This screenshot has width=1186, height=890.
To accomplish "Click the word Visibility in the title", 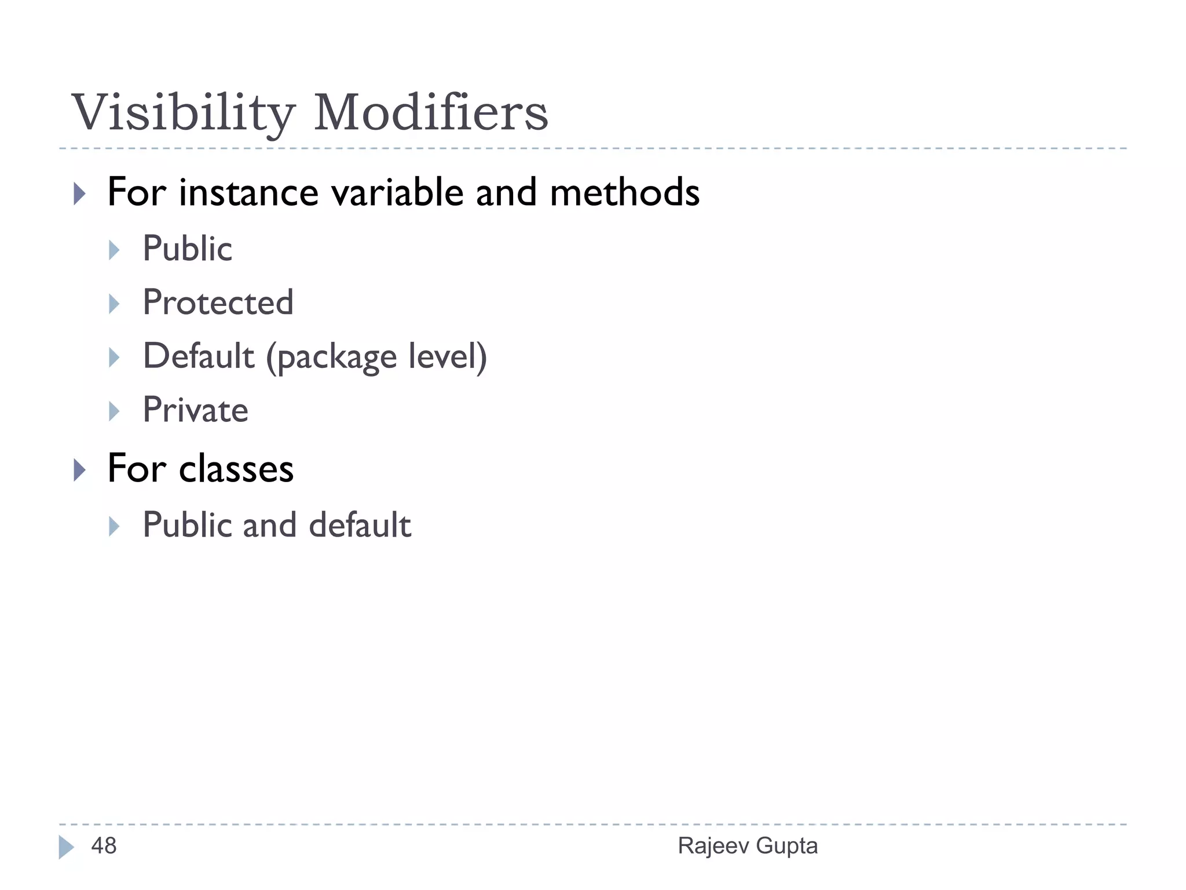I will pyautogui.click(x=183, y=113).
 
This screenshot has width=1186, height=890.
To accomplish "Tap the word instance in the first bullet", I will pyautogui.click(x=248, y=193).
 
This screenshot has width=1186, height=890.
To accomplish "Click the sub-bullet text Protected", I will pyautogui.click(x=218, y=302).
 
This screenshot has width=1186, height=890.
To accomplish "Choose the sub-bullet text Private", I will pyautogui.click(x=195, y=410).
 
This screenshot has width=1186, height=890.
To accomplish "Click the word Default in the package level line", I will pyautogui.click(x=199, y=356).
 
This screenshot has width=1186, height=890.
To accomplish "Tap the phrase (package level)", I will pyautogui.click(x=376, y=357).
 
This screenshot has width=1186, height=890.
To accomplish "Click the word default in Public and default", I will pyautogui.click(x=360, y=525).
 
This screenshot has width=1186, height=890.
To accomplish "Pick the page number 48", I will pyautogui.click(x=104, y=846).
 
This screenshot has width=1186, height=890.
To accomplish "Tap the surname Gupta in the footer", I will pyautogui.click(x=787, y=846).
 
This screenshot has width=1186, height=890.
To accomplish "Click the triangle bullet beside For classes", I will pyautogui.click(x=79, y=469).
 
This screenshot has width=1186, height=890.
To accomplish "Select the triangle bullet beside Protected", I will pyautogui.click(x=114, y=304).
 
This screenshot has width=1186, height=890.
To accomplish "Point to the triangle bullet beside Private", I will pyautogui.click(x=114, y=411).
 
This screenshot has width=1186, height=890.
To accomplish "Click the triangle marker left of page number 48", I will pyautogui.click(x=66, y=847).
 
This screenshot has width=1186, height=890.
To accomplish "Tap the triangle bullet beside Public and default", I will pyautogui.click(x=114, y=526).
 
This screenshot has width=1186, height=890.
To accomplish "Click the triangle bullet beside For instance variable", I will pyautogui.click(x=79, y=194).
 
